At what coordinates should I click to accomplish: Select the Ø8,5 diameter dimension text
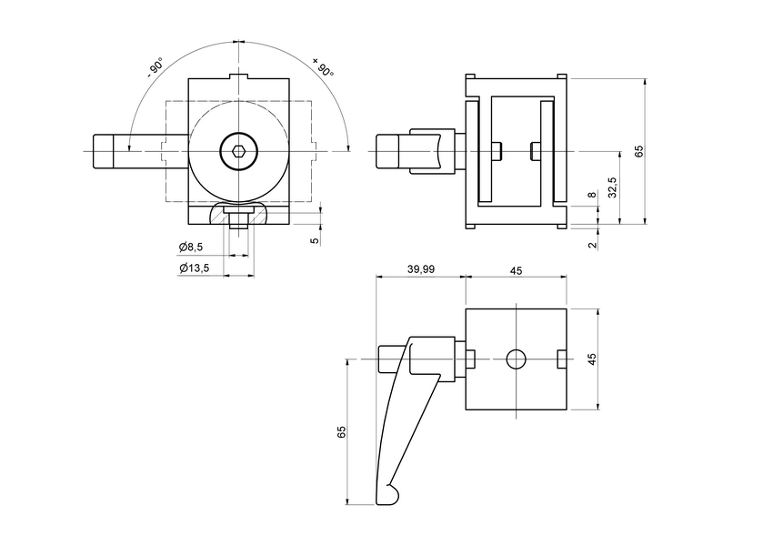pos(191,248)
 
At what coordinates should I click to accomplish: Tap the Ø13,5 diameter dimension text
pos(194,268)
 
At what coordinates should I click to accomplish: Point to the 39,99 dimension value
pos(421,270)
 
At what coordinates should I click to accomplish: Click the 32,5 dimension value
pos(612,188)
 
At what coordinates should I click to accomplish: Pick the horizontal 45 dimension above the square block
pos(516,270)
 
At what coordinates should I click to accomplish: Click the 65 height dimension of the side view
pos(638,151)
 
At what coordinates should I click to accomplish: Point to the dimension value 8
pos(591,196)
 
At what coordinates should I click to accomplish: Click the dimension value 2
pos(591,245)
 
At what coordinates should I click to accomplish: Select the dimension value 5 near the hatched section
pos(314,240)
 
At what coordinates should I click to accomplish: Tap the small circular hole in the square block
pos(516,359)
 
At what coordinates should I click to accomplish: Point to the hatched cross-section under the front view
pos(238,214)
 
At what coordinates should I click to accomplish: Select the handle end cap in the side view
pos(389,151)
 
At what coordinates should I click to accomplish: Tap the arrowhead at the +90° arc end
pos(347,146)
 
